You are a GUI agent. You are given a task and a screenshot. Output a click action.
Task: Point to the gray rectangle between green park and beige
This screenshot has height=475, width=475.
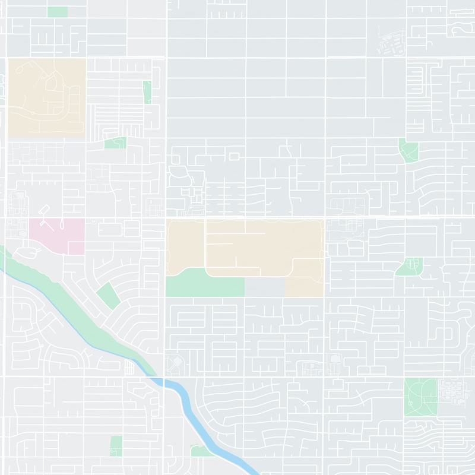[264, 287]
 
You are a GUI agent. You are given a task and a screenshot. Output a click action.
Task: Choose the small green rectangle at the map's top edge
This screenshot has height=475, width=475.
[57, 12]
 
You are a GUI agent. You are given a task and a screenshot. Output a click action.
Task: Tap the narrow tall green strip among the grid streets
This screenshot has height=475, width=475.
[147, 92]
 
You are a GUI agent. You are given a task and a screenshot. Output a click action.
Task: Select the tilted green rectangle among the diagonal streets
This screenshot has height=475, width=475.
[107, 294]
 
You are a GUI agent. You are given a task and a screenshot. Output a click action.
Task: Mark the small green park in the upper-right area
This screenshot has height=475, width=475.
[408, 150]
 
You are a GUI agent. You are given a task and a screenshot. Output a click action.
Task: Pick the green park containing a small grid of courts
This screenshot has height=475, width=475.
[409, 267]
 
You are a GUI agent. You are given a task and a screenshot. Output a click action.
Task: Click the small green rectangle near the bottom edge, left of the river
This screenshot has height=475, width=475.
[116, 445]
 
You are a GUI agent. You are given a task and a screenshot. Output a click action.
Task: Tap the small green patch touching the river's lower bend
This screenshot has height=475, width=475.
[202, 451]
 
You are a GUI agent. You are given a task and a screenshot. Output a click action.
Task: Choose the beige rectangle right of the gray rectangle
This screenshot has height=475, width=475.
[304, 287]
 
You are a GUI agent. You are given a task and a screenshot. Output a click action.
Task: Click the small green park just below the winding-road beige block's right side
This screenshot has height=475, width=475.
[115, 143]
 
